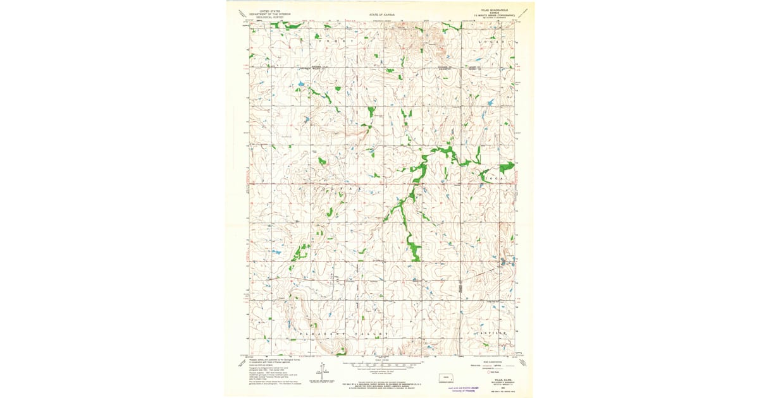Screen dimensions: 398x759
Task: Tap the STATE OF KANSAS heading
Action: (383, 13)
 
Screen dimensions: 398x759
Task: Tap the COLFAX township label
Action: (344, 189)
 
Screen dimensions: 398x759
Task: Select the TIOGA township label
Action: (495, 179)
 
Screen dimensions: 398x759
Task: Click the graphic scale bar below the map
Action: (383, 365)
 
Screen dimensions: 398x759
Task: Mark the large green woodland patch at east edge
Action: (506, 167)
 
